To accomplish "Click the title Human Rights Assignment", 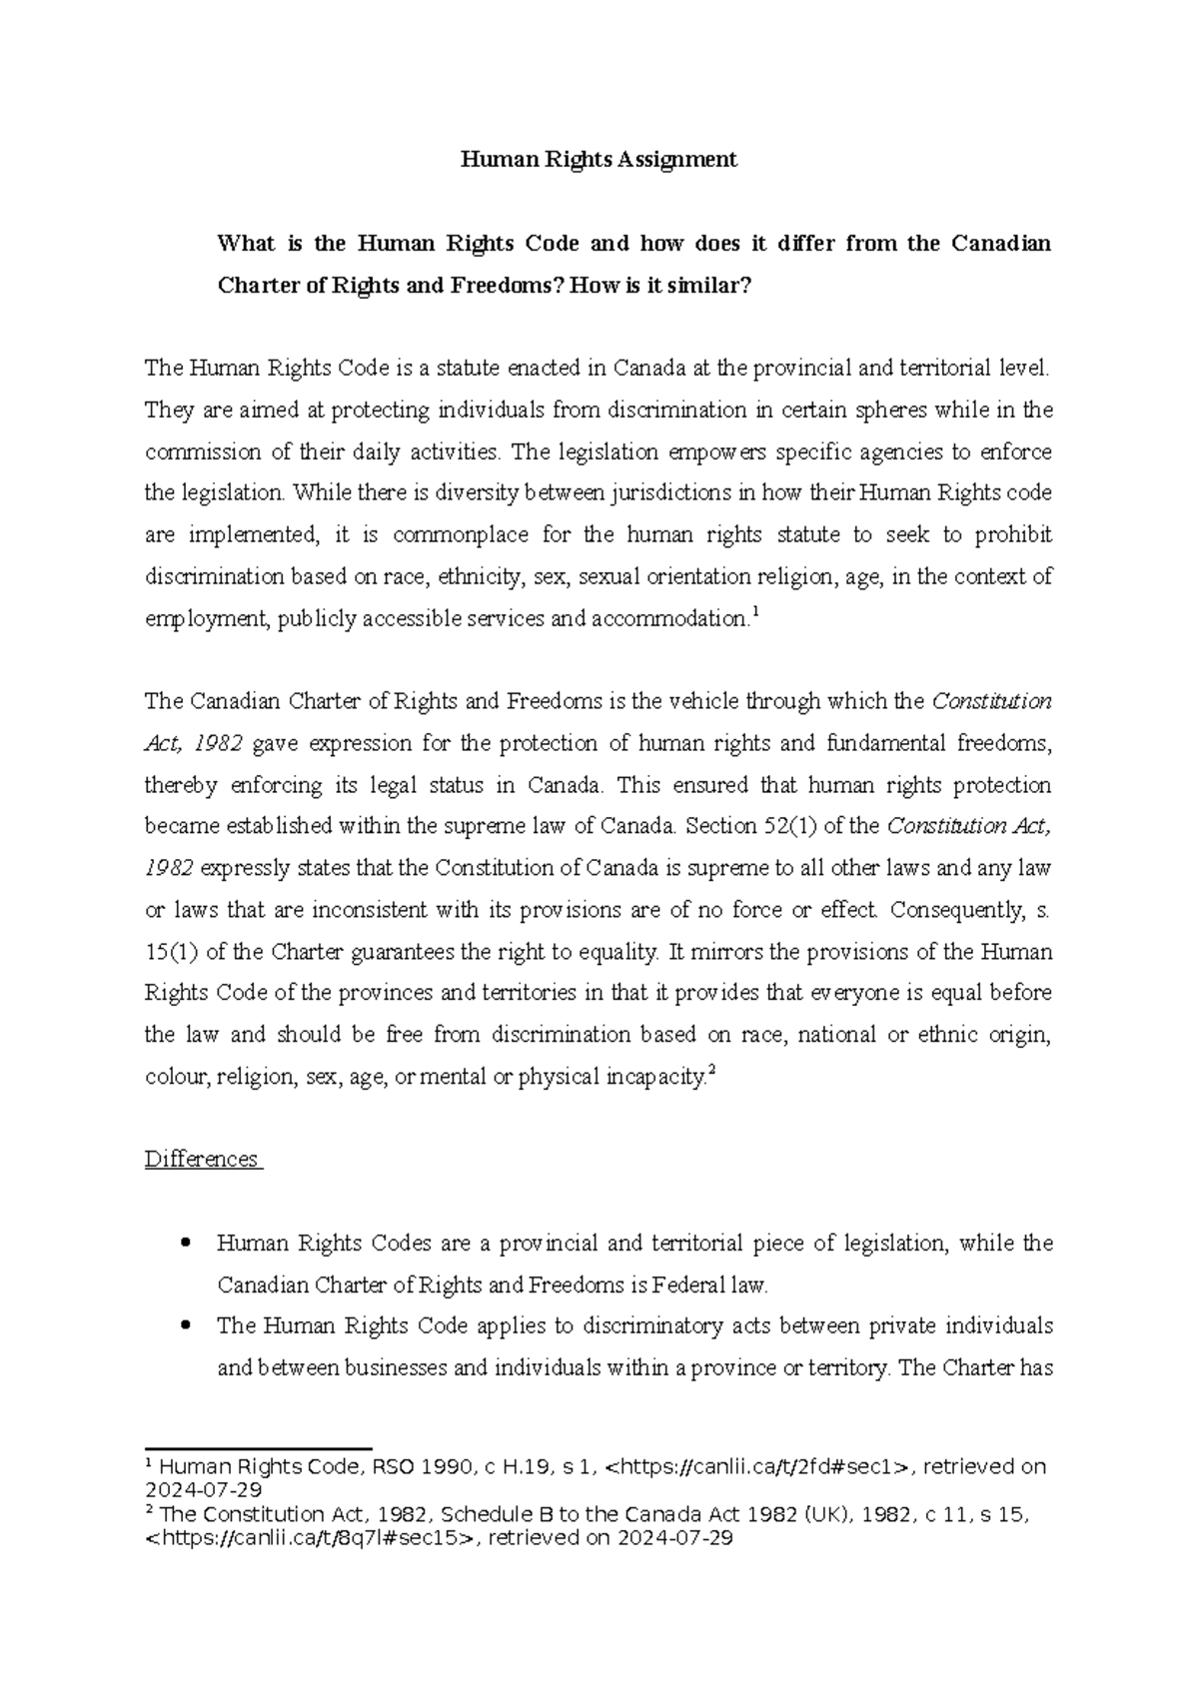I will pyautogui.click(x=598, y=159).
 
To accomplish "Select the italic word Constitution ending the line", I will pyautogui.click(x=991, y=701).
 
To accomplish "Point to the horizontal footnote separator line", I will pyautogui.click(x=258, y=1447).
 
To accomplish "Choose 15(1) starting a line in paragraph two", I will pyautogui.click(x=171, y=952).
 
